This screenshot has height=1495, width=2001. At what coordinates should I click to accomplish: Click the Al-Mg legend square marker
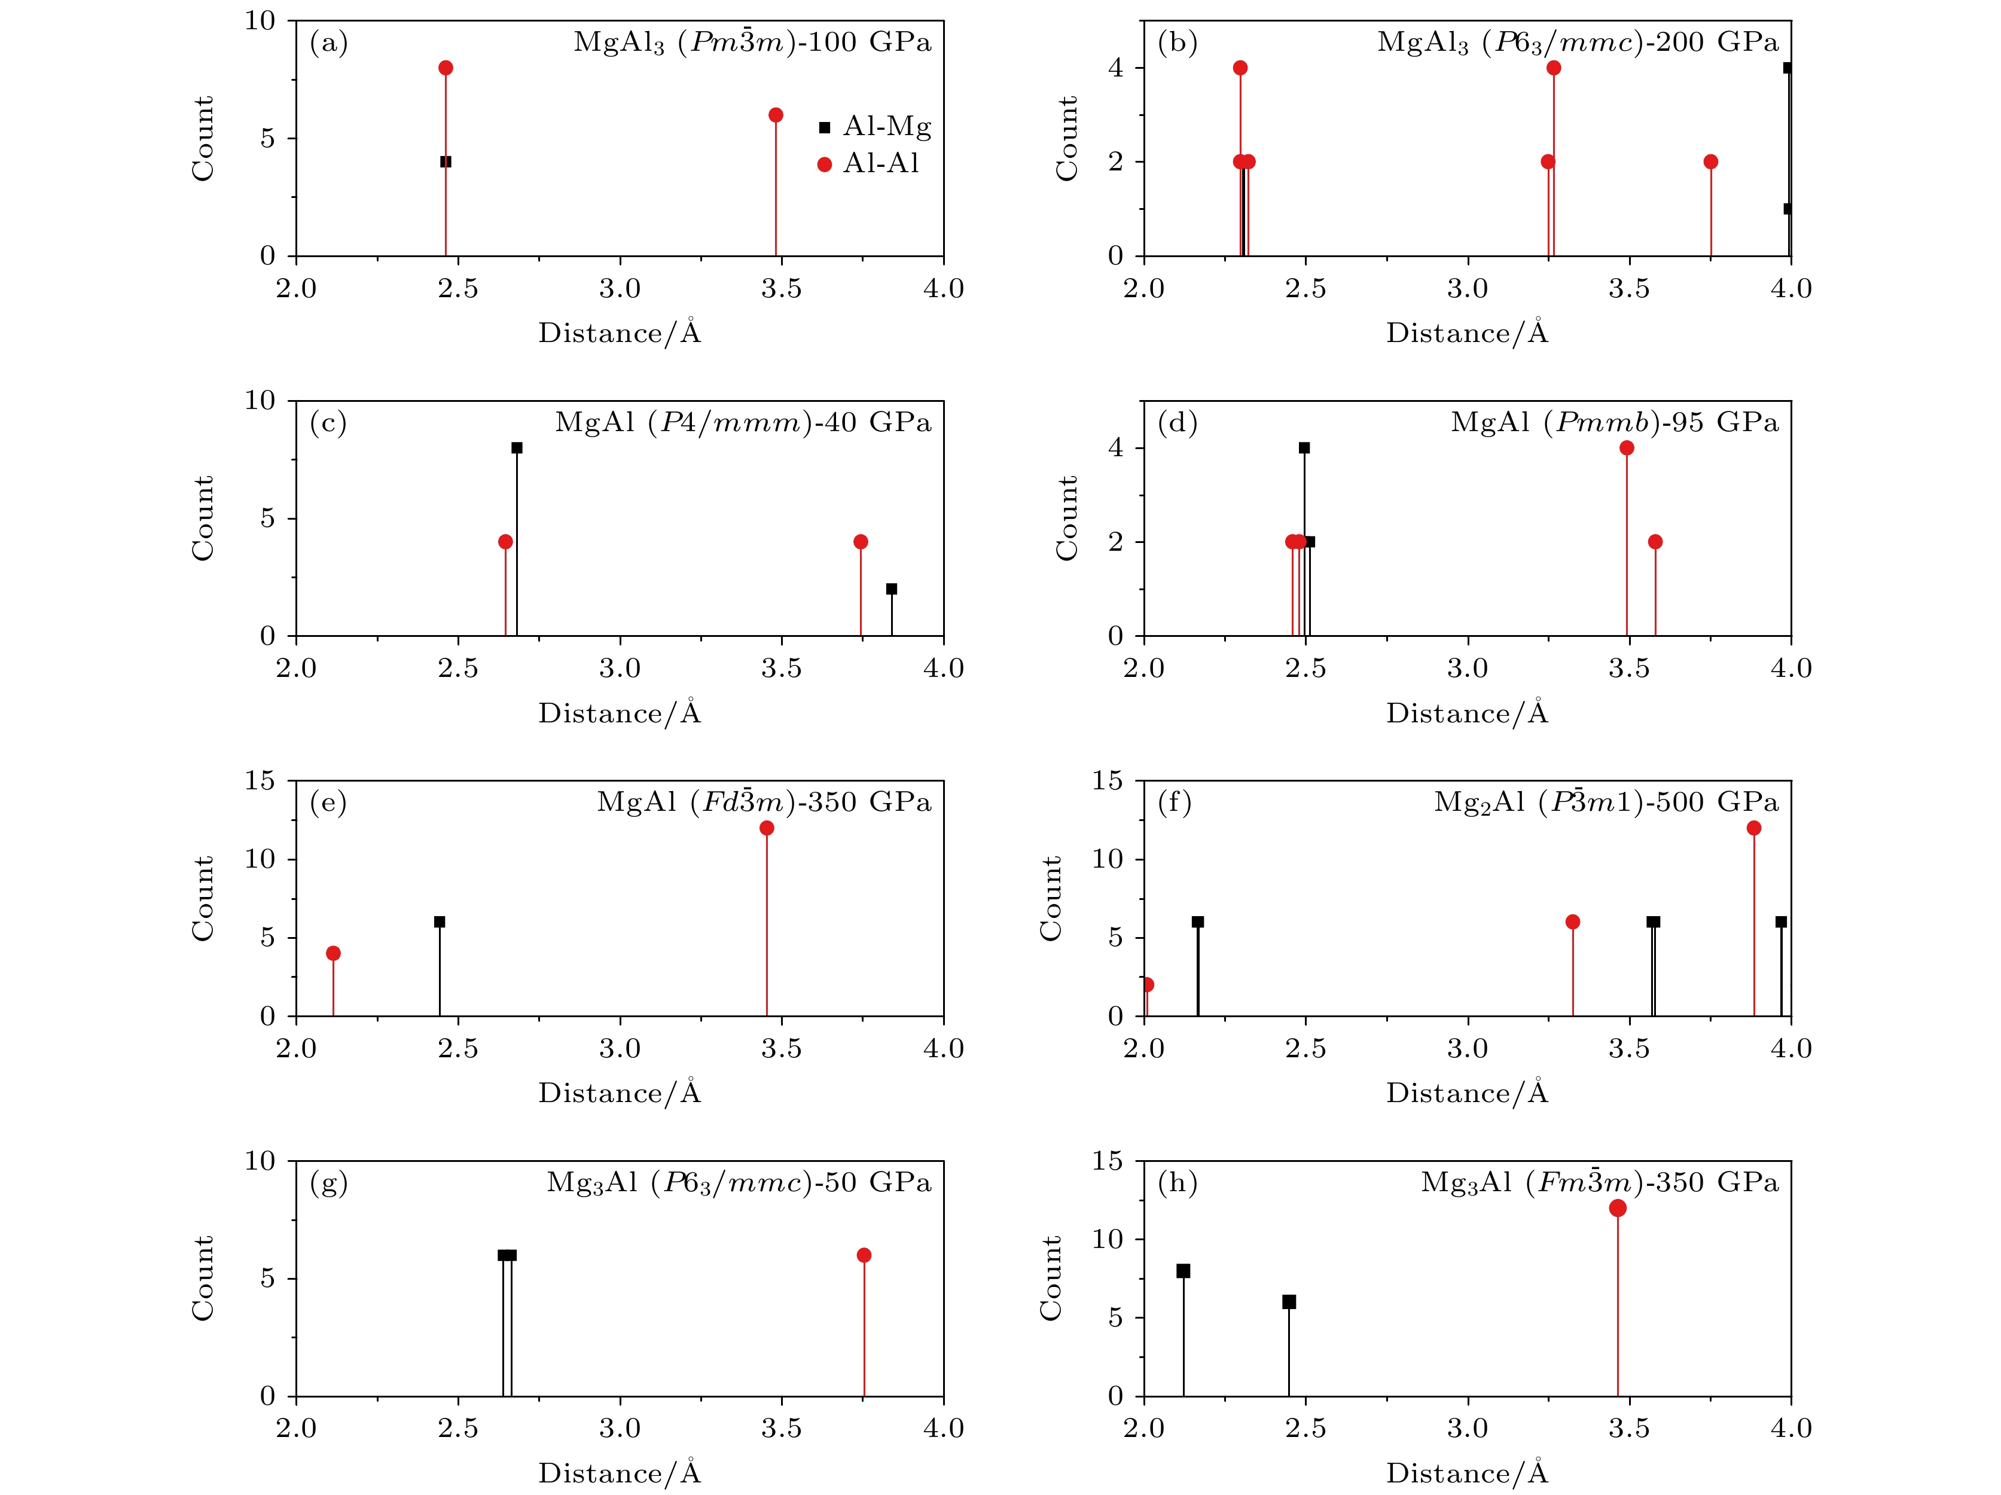tap(824, 127)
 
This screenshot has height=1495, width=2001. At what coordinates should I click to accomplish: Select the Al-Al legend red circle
tap(824, 164)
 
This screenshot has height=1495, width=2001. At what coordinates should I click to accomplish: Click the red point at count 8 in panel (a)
tap(445, 68)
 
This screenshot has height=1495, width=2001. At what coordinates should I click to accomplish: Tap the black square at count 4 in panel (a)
tap(445, 162)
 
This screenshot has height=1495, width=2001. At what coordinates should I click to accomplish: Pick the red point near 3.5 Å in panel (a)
tap(775, 115)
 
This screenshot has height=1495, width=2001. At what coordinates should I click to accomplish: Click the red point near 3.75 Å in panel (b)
tap(1710, 162)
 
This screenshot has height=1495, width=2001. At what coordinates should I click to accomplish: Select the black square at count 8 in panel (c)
tap(517, 448)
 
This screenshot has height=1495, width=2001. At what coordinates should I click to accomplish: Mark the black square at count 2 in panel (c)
tap(891, 589)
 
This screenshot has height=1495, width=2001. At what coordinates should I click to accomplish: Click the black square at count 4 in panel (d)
tap(1304, 448)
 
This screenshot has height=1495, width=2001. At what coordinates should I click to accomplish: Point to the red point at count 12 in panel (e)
tap(766, 828)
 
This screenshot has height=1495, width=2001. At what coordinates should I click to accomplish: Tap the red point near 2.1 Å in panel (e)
tap(333, 953)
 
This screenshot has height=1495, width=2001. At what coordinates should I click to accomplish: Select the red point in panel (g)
tap(864, 1255)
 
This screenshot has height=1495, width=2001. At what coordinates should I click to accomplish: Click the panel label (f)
tap(1174, 803)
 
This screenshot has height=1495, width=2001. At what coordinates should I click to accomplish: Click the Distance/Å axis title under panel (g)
tap(620, 1472)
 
